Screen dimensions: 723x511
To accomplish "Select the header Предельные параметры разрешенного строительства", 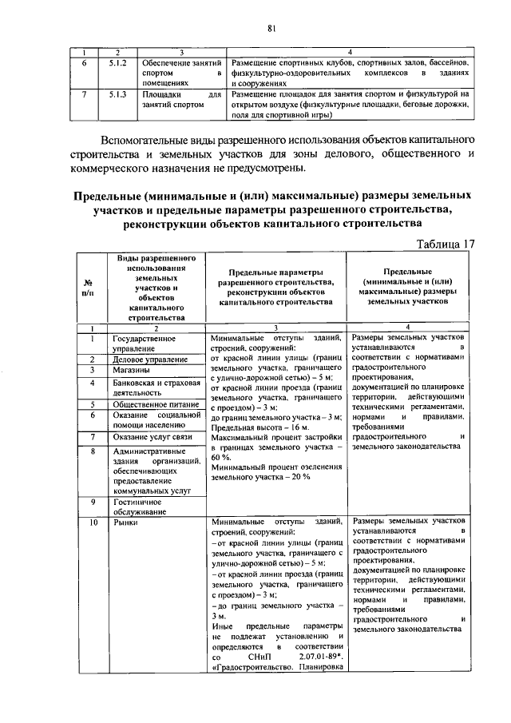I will coord(275,288).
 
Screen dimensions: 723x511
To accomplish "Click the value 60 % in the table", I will coord(219,459).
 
